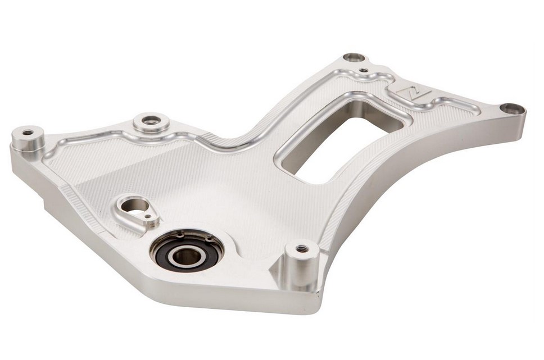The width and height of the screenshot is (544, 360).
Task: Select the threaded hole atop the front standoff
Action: tap(301, 248)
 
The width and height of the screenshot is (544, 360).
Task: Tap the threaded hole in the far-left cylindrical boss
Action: tap(27, 133)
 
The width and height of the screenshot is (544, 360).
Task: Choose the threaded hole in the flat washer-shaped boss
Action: tap(149, 120)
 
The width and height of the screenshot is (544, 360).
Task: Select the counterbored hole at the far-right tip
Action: tap(511, 108)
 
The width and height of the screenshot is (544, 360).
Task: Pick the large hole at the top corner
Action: tap(353, 57)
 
